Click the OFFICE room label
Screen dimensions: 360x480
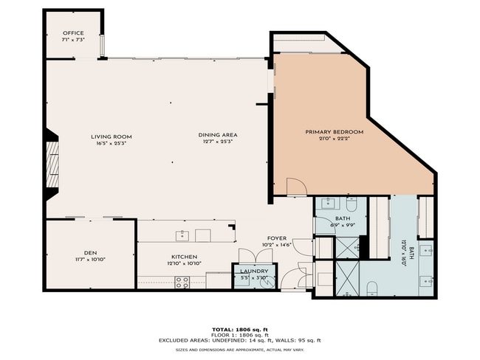click(73, 33)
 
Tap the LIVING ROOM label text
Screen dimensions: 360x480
click(112, 136)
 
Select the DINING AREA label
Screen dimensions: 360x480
click(217, 134)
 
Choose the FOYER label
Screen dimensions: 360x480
click(278, 238)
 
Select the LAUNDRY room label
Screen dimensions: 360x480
click(254, 271)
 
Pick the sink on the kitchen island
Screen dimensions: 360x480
click(182, 235)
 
